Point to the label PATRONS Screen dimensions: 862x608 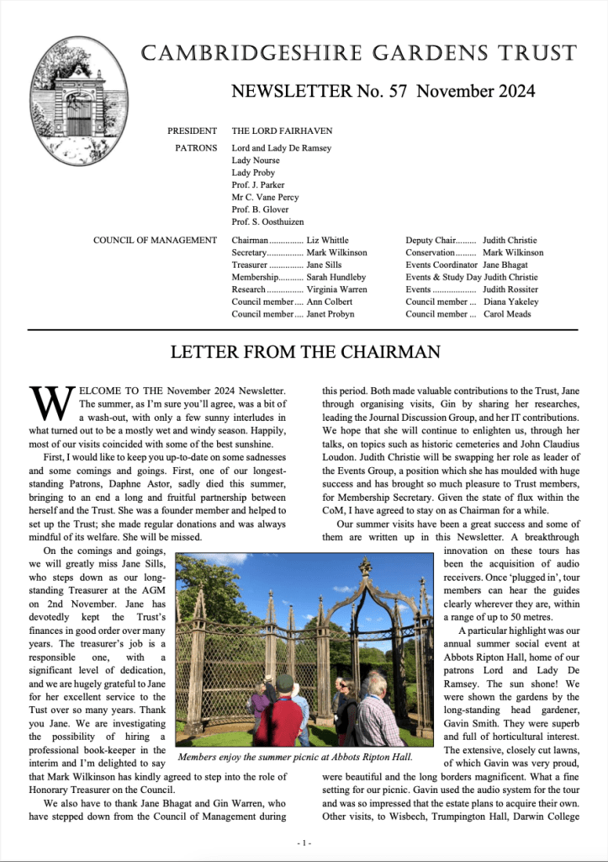coord(196,148)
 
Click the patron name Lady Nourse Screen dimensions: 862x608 coord(256,161)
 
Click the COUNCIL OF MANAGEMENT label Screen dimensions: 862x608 coord(156,241)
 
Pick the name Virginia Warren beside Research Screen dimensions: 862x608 coord(336,290)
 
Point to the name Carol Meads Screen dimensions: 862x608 coord(506,314)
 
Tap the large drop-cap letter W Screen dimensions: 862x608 coord(49,404)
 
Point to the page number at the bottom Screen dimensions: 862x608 coord(304,843)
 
